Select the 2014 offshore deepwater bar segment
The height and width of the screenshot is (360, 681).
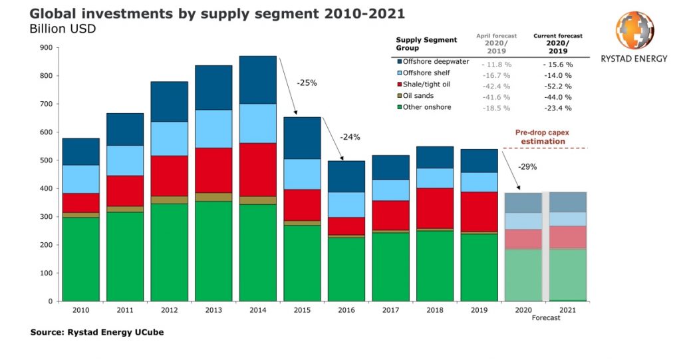pos(258,79)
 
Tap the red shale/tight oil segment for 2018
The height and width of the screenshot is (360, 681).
pos(435,208)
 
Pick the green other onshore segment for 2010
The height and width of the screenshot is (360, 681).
pos(81,259)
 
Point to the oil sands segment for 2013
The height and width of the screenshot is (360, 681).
pos(213,197)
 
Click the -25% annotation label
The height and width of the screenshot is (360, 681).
pos(306,84)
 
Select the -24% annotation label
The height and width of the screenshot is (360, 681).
pos(350,137)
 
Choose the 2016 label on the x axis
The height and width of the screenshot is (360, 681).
pos(346,309)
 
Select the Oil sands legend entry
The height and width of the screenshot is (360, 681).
pos(418,96)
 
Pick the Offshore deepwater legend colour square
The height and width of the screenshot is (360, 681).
pos(399,62)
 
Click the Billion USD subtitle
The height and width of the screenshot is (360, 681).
pos(63,29)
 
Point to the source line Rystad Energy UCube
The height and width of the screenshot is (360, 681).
pos(97,332)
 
